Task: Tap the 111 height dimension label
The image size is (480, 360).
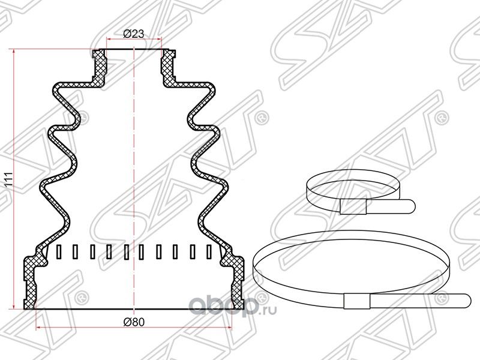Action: coord(8,181)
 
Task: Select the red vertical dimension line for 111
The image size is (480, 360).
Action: coord(16,180)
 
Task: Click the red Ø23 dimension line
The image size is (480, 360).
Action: coord(134,40)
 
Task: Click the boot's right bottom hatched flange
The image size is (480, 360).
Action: coord(235,282)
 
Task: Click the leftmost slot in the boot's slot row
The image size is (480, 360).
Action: coord(58,252)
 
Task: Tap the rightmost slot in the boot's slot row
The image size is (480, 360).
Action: coord(209,252)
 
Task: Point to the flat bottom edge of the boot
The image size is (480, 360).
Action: coord(134,309)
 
